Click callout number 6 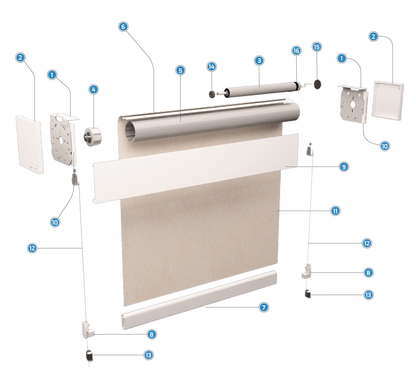point(123,27)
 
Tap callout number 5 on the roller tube point(180,70)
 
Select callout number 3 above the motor point(259,61)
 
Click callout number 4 point(93,89)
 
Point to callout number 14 point(211,67)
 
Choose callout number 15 point(316,47)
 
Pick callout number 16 point(296,51)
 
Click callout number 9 point(343,167)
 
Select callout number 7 point(264,307)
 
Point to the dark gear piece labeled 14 point(212,94)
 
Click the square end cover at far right point(387,100)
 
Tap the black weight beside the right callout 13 point(308,294)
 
